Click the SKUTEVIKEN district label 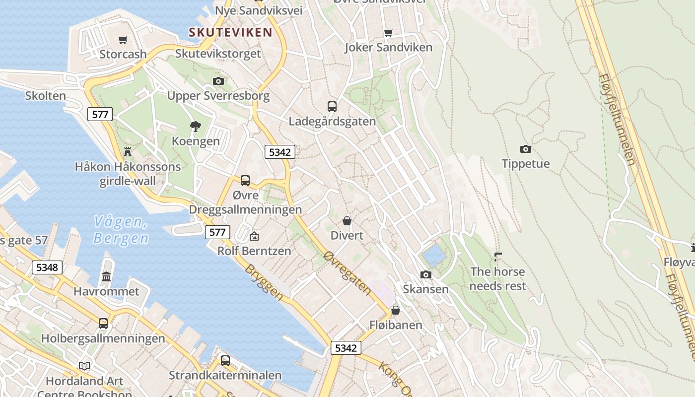(230, 33)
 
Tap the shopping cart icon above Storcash (123, 40)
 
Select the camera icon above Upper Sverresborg (218, 81)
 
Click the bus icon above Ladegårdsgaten (332, 106)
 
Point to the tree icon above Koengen (196, 126)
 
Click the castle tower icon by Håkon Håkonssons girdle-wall (128, 151)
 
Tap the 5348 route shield (47, 267)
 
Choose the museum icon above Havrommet (106, 276)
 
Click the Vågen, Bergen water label (121, 230)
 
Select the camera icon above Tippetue (525, 149)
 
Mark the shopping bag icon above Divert (347, 220)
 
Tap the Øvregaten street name (347, 273)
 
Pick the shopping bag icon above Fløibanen (396, 310)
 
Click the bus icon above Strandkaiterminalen (225, 361)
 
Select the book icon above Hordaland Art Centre (84, 366)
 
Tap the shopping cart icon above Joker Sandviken (388, 33)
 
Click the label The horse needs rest (497, 279)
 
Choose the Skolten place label (45, 96)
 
